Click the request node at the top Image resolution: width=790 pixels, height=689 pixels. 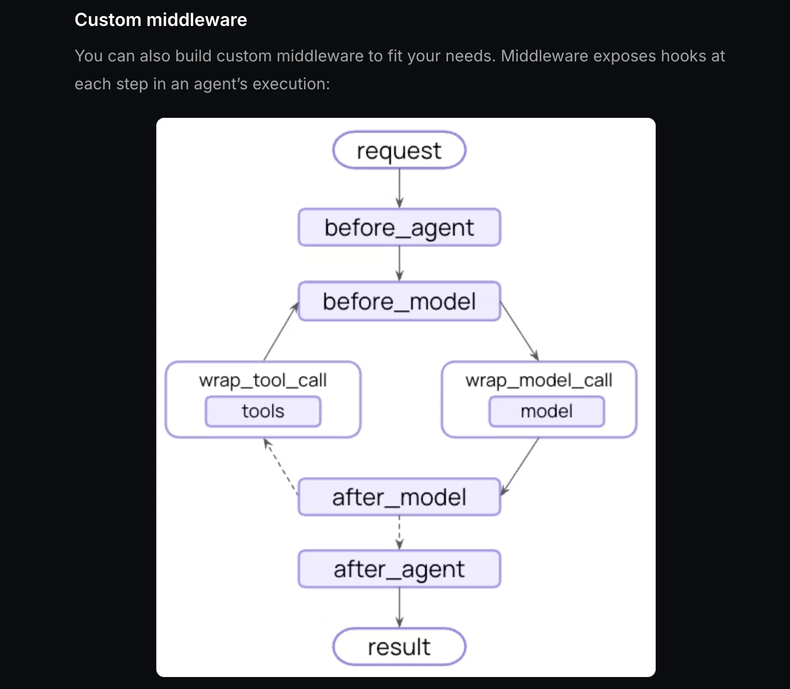pyautogui.click(x=399, y=150)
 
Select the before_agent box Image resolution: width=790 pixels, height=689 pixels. pyautogui.click(x=399, y=228)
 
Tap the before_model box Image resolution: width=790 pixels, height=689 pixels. pyautogui.click(x=399, y=301)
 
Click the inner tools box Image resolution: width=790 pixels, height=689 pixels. pyautogui.click(x=263, y=411)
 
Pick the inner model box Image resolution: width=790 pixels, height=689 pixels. pyautogui.click(x=546, y=411)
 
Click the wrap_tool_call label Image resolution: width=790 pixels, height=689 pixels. pyautogui.click(x=263, y=380)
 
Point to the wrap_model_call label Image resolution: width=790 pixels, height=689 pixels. pyautogui.click(x=539, y=380)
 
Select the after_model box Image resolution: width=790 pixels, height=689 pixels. pyautogui.click(x=399, y=497)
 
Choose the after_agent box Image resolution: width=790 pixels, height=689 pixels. pyautogui.click(x=399, y=569)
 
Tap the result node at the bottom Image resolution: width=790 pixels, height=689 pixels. pyautogui.click(x=399, y=647)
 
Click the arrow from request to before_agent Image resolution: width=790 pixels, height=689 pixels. pyautogui.click(x=399, y=188)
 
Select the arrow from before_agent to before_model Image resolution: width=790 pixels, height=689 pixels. pyautogui.click(x=399, y=264)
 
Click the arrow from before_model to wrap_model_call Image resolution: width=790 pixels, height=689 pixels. pyautogui.click(x=519, y=331)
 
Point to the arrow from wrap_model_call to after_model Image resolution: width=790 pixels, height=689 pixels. pyautogui.click(x=520, y=466)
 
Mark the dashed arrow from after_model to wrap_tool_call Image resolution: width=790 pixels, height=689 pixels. pyautogui.click(x=281, y=466)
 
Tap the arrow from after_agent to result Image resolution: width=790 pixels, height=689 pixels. pyautogui.click(x=399, y=608)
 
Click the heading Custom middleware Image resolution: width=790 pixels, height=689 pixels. pyautogui.click(x=161, y=20)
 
